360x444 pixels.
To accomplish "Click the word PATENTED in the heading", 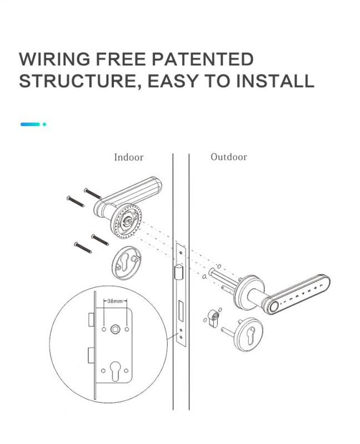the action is click(x=203, y=59).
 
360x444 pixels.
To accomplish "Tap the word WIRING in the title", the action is click(x=54, y=59).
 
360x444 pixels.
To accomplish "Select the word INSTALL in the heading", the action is click(x=275, y=80).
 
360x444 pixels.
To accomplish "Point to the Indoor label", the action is click(x=129, y=157).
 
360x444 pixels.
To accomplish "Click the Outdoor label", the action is click(x=229, y=157).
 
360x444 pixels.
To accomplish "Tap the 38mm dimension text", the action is click(x=115, y=301).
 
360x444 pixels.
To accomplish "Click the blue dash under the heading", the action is click(x=30, y=124).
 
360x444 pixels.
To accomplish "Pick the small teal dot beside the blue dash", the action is click(x=44, y=124).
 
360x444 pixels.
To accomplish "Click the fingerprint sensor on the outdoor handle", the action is click(x=273, y=307).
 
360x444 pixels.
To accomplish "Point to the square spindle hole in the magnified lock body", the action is click(x=116, y=329).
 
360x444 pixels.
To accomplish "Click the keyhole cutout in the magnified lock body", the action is click(x=114, y=370).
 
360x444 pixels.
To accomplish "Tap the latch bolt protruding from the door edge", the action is click(x=178, y=273).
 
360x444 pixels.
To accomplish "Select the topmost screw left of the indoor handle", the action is click(x=93, y=193).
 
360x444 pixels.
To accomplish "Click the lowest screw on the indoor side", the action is click(x=83, y=248).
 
